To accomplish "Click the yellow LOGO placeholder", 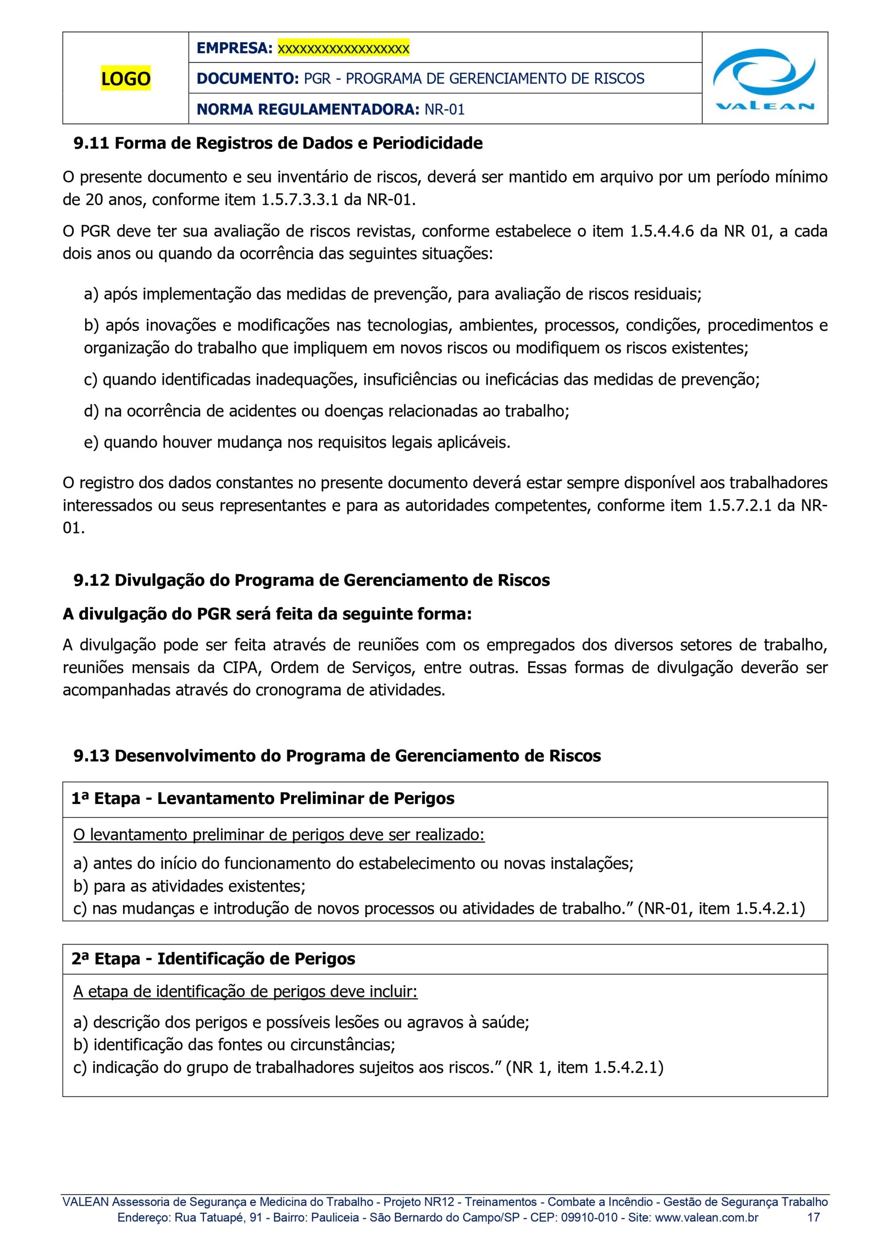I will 125,79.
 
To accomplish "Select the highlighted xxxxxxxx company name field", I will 343,48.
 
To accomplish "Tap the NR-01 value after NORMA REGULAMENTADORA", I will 444,109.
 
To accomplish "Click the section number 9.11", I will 91,143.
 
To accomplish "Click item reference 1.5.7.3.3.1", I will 300,200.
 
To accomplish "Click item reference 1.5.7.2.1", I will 739,505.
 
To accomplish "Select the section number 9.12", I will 91,580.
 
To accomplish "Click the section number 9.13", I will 91,756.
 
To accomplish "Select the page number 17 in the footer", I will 813,1217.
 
